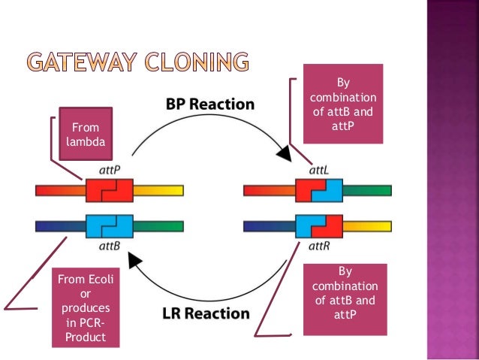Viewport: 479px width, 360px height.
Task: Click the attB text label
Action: click(110, 245)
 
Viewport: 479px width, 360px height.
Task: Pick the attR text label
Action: click(318, 245)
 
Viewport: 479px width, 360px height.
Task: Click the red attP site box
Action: click(110, 191)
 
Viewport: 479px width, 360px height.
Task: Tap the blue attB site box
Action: click(110, 225)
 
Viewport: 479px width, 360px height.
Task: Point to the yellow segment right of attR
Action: click(367, 225)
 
